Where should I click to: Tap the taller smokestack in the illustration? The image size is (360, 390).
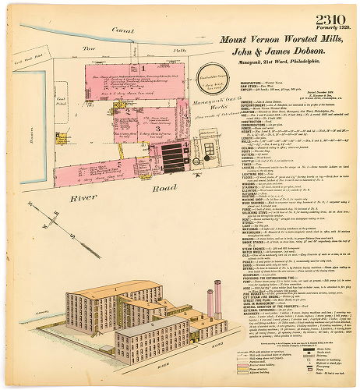click(x=217, y=296)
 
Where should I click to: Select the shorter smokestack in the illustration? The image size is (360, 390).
click(x=210, y=303)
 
